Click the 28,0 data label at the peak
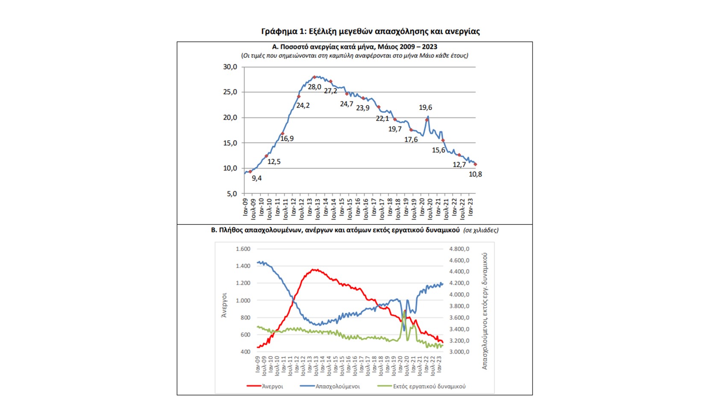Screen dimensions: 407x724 tap(314, 87)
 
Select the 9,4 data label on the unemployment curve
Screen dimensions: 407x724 tap(256, 179)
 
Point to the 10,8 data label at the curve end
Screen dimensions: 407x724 tap(475, 174)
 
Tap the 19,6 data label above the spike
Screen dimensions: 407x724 tap(425, 108)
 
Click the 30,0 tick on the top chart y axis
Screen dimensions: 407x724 tap(230, 67)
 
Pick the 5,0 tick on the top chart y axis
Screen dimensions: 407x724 tap(232, 194)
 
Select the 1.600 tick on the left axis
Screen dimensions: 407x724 tap(243, 249)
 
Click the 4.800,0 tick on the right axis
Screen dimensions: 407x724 tap(459, 249)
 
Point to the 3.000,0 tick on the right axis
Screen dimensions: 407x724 tap(459, 352)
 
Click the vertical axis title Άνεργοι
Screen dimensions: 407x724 tap(224, 305)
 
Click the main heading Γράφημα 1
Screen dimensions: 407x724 tap(370, 31)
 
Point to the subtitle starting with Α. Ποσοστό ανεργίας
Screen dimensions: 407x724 tap(354, 47)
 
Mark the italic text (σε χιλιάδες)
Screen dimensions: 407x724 tap(481, 230)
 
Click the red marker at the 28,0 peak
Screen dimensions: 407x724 tap(314, 77)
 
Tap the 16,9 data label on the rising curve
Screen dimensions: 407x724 tap(287, 139)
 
